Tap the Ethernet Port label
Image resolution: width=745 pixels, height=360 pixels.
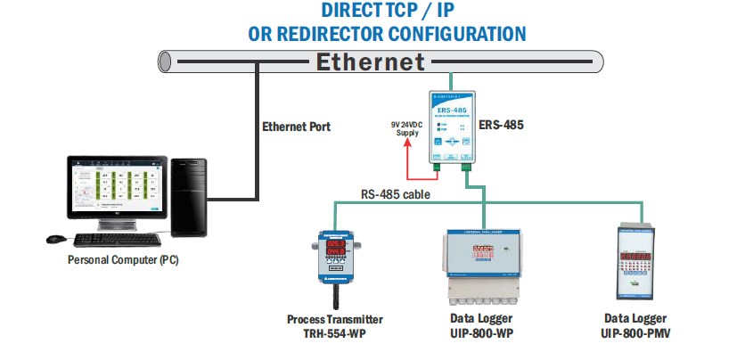click(x=296, y=127)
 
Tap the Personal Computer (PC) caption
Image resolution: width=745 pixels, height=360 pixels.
click(x=123, y=260)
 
